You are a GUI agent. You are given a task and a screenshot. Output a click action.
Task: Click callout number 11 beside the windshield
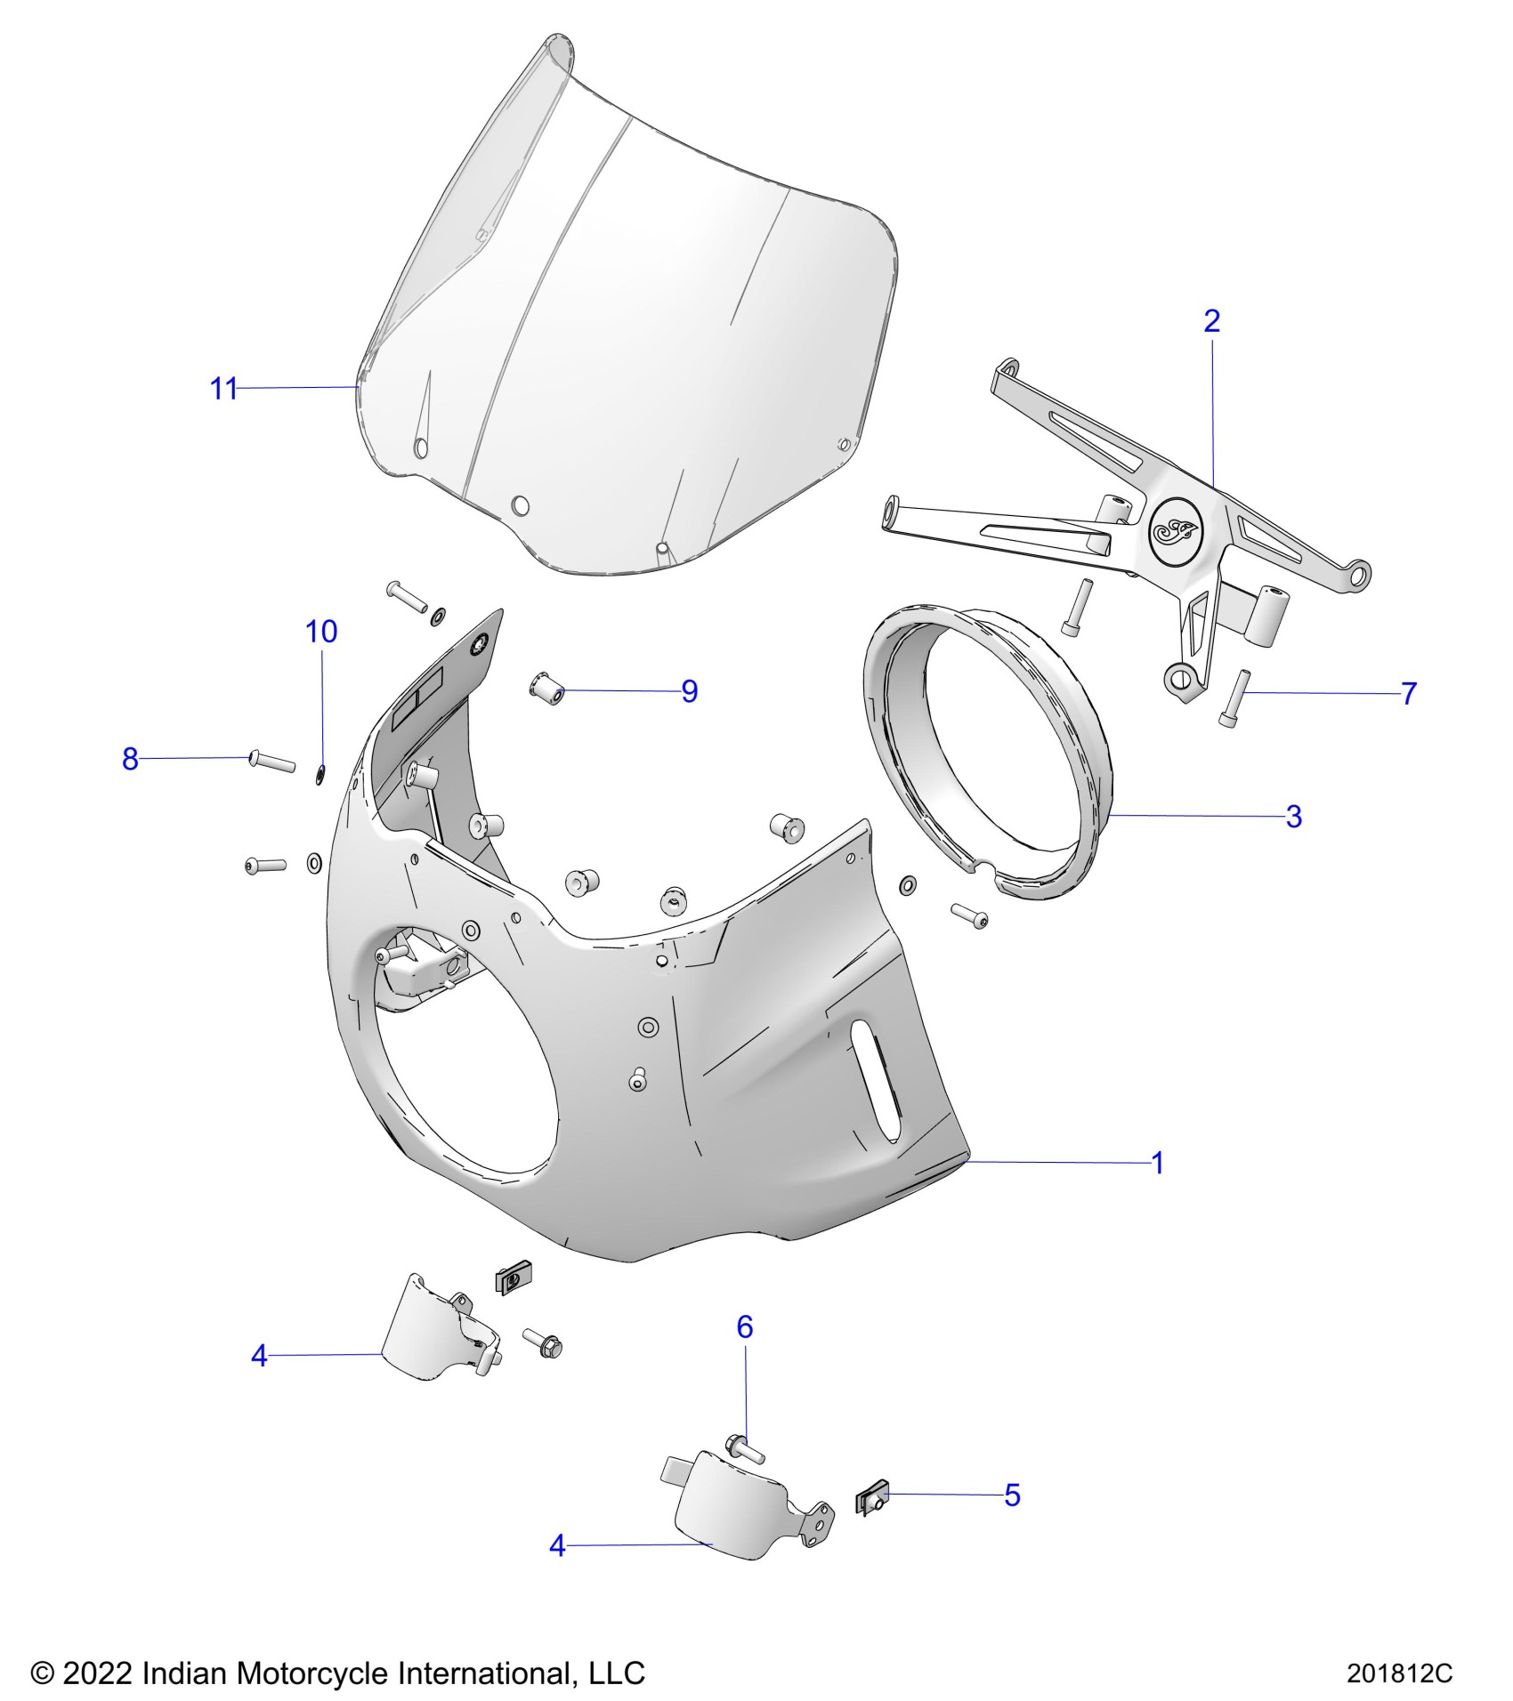(223, 389)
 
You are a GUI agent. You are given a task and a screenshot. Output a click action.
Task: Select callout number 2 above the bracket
(1211, 321)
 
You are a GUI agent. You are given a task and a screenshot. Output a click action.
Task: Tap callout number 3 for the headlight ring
(1294, 816)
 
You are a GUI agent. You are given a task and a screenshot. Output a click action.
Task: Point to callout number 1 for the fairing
(1158, 1163)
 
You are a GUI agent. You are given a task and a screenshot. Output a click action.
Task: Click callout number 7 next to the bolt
(1408, 694)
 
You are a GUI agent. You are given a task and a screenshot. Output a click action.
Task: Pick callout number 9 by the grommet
(689, 691)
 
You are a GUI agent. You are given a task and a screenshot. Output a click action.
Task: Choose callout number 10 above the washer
(321, 632)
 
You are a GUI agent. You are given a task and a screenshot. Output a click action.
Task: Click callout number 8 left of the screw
(130, 759)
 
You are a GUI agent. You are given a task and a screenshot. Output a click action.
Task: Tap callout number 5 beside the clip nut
(1012, 1495)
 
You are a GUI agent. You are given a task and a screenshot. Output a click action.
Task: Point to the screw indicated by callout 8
(271, 761)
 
